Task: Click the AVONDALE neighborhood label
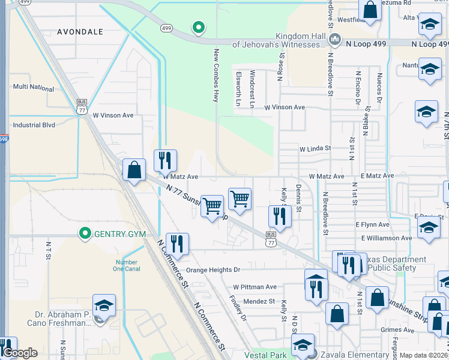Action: point(80,31)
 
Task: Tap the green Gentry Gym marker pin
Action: point(85,233)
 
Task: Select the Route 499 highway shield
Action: point(167,28)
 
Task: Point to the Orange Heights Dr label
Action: point(212,270)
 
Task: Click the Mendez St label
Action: point(259,301)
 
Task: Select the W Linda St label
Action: point(316,148)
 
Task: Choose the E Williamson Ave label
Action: point(387,238)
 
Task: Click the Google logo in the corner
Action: point(20,353)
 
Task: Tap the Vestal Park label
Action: point(265,355)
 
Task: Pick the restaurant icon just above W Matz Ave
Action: point(165,161)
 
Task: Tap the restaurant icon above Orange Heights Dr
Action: point(176,244)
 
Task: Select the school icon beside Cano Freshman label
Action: point(104,305)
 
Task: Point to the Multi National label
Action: point(34,87)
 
